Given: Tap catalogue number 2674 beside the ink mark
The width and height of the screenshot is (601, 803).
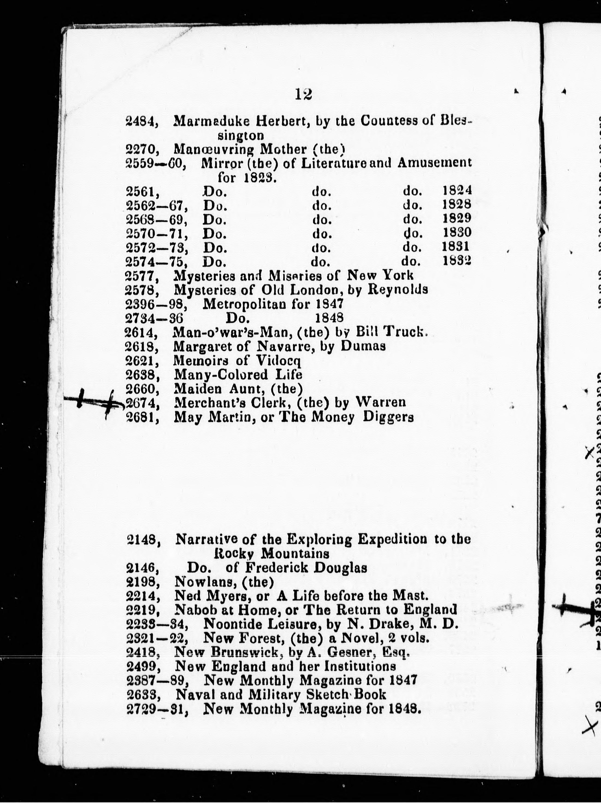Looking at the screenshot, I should click(142, 403).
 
